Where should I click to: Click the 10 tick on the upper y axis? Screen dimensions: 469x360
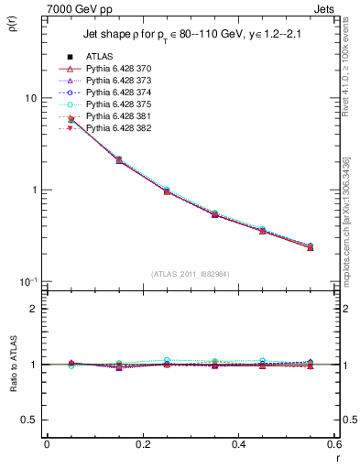click(x=30, y=98)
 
